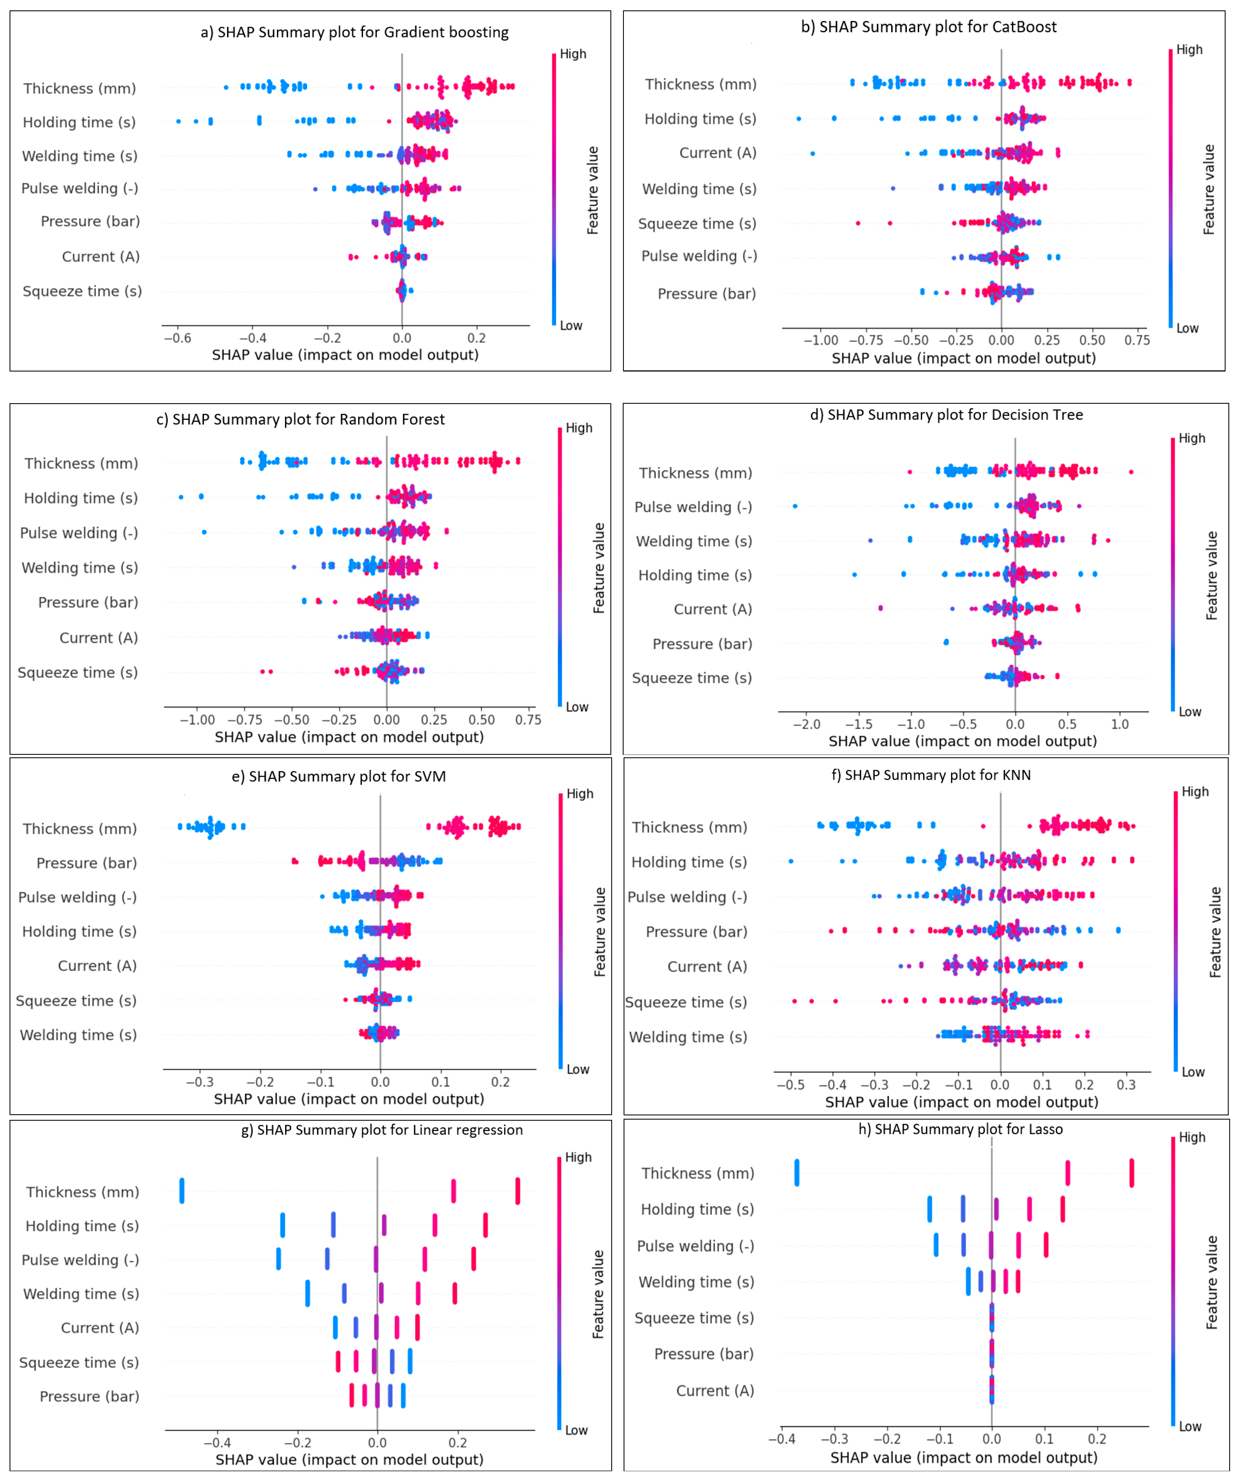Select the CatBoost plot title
pyautogui.click(x=929, y=27)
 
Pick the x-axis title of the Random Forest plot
pyautogui.click(x=349, y=737)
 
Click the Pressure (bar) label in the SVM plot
pyautogui.click(x=87, y=863)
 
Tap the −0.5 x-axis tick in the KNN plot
pyautogui.click(x=790, y=1085)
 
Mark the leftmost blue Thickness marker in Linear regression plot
pyautogui.click(x=182, y=1191)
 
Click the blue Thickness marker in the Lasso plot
pyautogui.click(x=797, y=1173)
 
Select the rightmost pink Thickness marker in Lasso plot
pyautogui.click(x=1132, y=1173)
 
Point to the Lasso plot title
pyautogui.click(x=960, y=1129)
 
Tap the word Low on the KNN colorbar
pyautogui.click(x=1193, y=1072)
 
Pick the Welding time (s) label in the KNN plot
pyautogui.click(x=688, y=1037)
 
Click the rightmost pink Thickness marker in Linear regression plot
pyautogui.click(x=518, y=1191)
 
